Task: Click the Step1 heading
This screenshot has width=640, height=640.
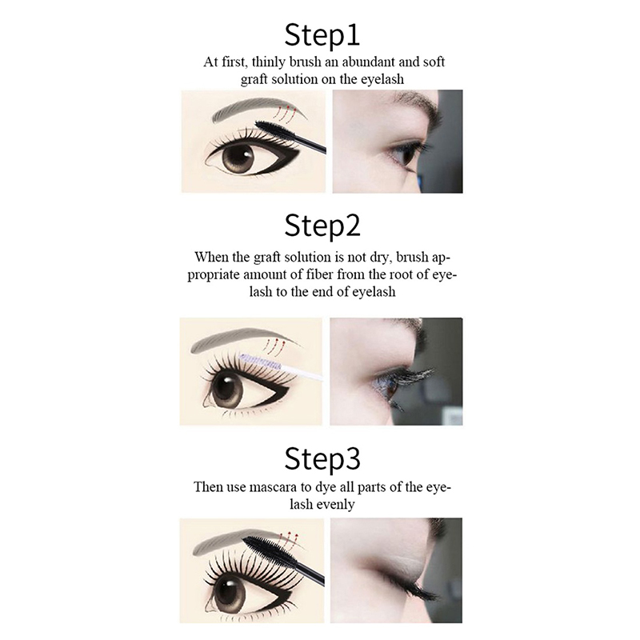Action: tap(322, 36)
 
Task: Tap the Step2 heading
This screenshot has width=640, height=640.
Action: tap(322, 226)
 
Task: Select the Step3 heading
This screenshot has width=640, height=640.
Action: tap(322, 459)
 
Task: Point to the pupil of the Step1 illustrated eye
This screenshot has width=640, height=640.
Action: tap(238, 157)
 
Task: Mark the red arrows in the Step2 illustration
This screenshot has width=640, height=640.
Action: tap(272, 346)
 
